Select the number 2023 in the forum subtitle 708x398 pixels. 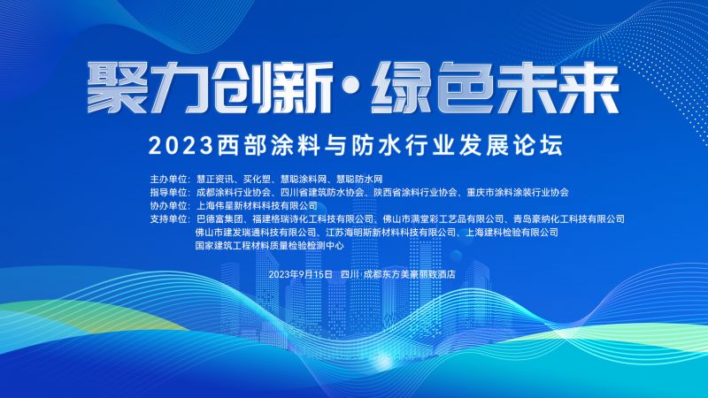pyautogui.click(x=181, y=145)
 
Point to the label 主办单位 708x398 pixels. pyautogui.click(x=170, y=180)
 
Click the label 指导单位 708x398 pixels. pyautogui.click(x=170, y=192)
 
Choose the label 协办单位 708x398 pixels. pyautogui.click(x=170, y=206)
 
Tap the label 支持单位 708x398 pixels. pyautogui.click(x=170, y=219)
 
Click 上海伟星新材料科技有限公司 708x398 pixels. pyautogui.click(x=257, y=206)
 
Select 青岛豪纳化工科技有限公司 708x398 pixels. pyautogui.click(x=569, y=219)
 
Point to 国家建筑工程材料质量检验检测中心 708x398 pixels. pyautogui.click(x=270, y=246)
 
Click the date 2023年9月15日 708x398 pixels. pyautogui.click(x=301, y=274)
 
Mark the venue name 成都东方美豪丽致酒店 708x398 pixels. pyautogui.click(x=410, y=274)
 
